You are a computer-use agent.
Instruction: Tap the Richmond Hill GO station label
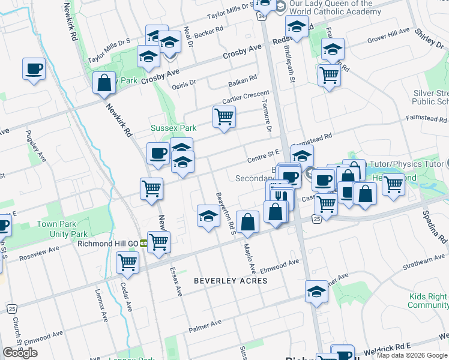[x=107, y=244]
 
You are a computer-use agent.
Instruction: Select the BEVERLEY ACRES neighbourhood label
[x=231, y=281]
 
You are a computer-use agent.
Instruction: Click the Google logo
[x=20, y=353]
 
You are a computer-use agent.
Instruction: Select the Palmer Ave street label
[x=205, y=326]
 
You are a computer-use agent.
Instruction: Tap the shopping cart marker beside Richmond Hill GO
[x=159, y=242]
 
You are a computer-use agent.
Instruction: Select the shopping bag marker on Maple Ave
[x=247, y=222]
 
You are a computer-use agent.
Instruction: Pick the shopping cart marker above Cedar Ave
[x=127, y=262]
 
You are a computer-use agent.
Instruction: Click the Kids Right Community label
[x=428, y=301]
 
